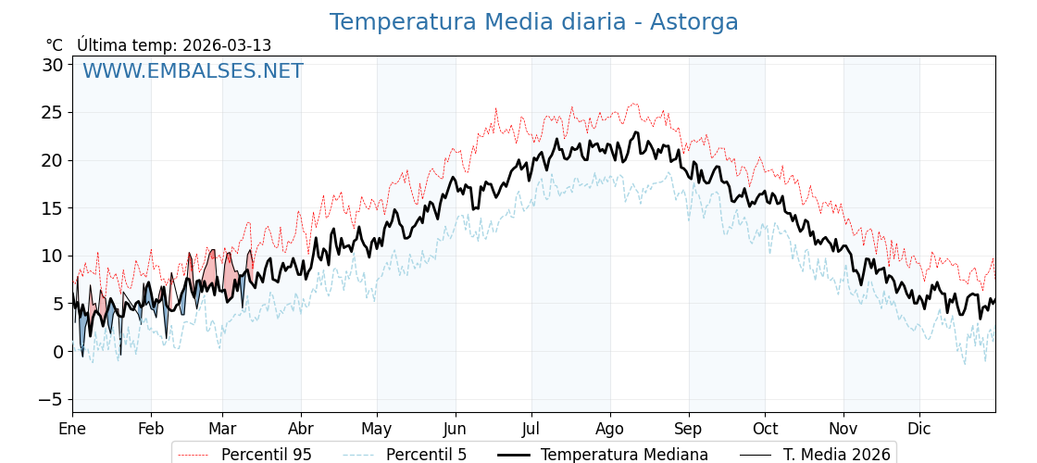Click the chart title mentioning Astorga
(x=533, y=22)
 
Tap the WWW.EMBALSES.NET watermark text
(x=193, y=71)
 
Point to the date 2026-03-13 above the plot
(x=227, y=45)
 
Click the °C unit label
(x=55, y=45)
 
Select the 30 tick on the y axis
(x=52, y=65)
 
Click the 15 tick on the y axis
(x=52, y=208)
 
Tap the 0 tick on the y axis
(x=57, y=352)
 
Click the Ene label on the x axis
(x=72, y=429)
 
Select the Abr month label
(x=301, y=429)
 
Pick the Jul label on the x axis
(x=531, y=429)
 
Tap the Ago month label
(x=609, y=429)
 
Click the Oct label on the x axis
(x=765, y=429)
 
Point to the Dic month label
(x=919, y=429)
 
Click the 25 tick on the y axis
(x=52, y=113)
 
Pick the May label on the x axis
(x=377, y=429)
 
